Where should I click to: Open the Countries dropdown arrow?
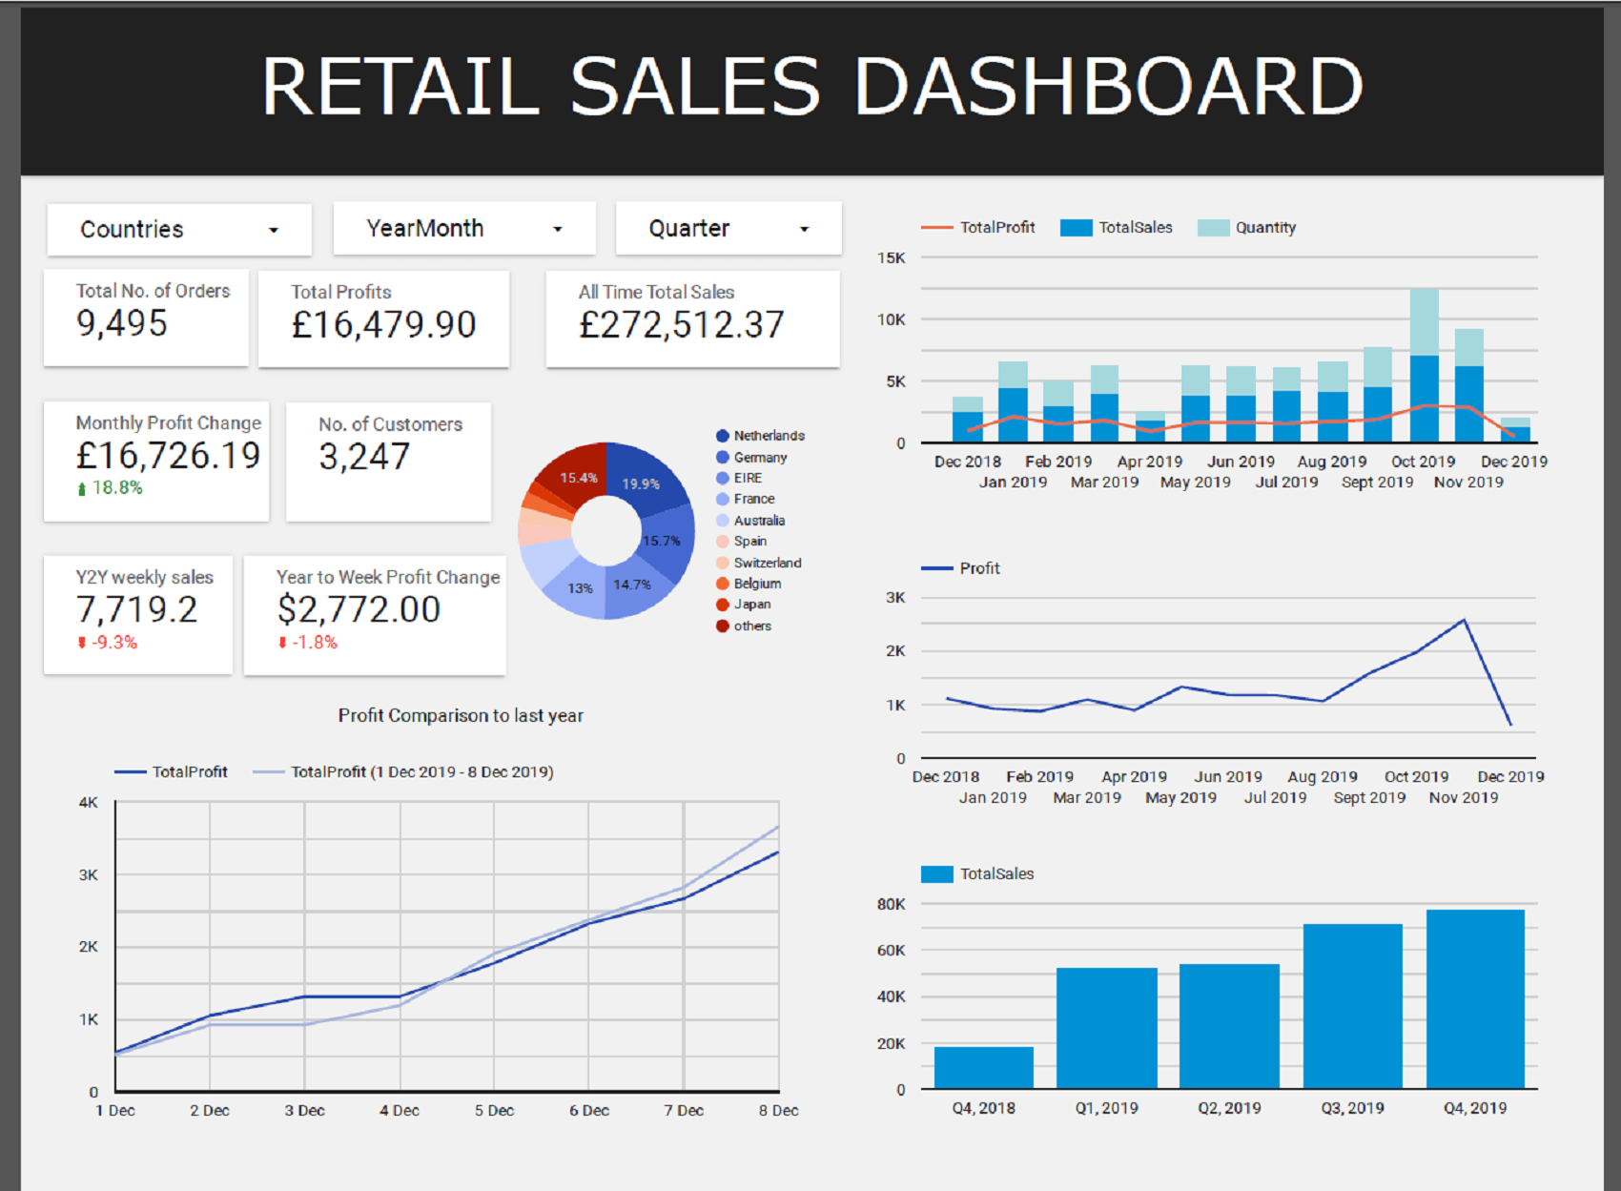tap(274, 230)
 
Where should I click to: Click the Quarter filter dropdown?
tap(728, 229)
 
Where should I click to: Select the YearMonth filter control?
tap(464, 229)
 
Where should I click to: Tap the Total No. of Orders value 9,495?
tap(122, 323)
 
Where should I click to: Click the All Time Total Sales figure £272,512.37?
tap(681, 325)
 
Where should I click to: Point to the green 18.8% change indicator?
tap(111, 487)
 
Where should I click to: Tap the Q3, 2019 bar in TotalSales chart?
tap(1352, 1006)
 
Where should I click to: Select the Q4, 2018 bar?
tap(983, 1068)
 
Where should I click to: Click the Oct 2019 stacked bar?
tap(1424, 367)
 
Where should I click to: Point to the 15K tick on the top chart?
tap(891, 258)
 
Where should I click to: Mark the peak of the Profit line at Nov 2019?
tap(1464, 621)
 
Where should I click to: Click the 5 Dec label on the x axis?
tap(494, 1111)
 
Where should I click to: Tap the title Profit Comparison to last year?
tap(461, 715)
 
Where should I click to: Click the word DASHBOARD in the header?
tap(1108, 86)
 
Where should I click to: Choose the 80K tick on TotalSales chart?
tap(891, 904)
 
